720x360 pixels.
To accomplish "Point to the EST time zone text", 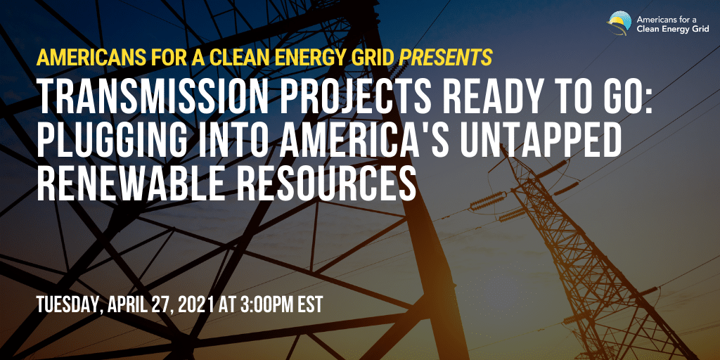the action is [x=311, y=304].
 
